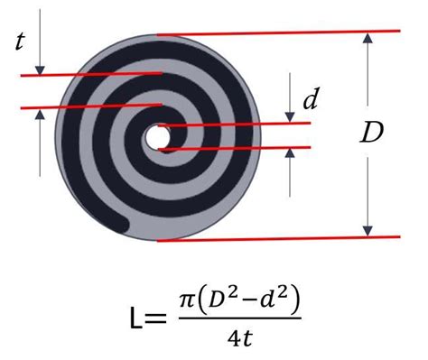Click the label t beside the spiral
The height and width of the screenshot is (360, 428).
[21, 42]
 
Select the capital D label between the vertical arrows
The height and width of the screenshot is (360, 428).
[371, 134]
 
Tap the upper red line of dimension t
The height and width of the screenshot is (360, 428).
[90, 75]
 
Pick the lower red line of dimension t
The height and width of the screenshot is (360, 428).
[90, 107]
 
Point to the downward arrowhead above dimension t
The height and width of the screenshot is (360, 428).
[41, 69]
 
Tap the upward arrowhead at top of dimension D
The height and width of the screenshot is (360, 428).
[368, 39]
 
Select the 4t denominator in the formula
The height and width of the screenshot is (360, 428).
[237, 341]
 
